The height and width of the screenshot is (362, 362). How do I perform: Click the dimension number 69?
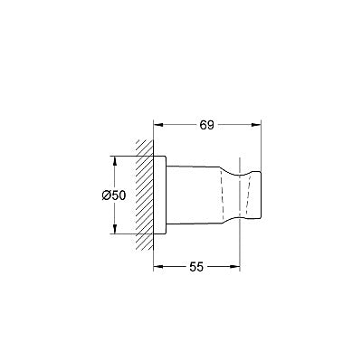pos(206,125)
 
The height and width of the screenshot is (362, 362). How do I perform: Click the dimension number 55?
pos(196,267)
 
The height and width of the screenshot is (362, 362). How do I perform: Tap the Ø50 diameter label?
pos(113,195)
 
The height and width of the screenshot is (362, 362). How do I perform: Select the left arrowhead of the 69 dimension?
pos(158,125)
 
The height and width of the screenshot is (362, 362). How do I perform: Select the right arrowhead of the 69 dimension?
pos(256,125)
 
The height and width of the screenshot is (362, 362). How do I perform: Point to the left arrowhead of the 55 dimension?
pos(158,266)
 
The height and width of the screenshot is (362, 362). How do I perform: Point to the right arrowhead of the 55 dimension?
pos(235,266)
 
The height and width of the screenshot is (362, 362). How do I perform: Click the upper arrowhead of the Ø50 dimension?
pos(115,161)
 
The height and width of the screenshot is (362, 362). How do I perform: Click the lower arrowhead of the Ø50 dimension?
pos(115,229)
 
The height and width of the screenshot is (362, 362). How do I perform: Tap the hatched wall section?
pos(144,195)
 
